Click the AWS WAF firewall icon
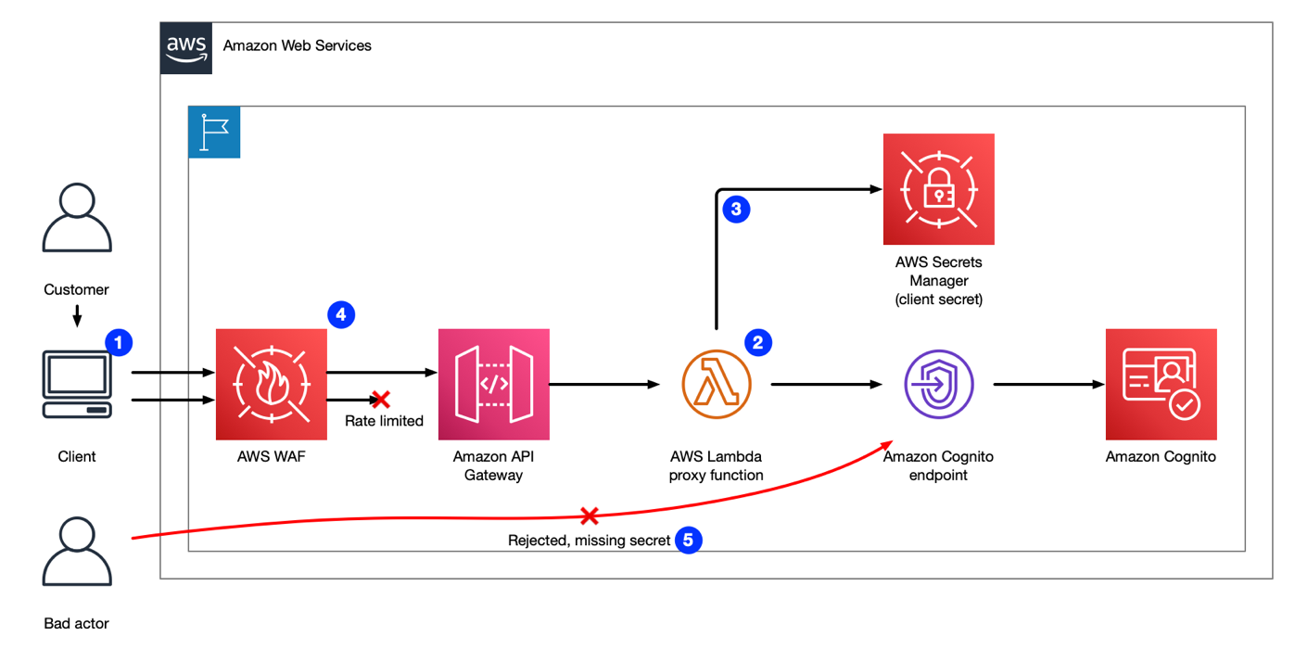[x=271, y=385]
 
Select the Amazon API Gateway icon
[x=494, y=385]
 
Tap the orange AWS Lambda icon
[x=717, y=385]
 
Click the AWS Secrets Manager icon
[x=939, y=189]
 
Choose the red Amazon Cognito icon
[x=1162, y=385]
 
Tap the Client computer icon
[x=77, y=385]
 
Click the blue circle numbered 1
[x=119, y=343]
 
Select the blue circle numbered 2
[x=758, y=343]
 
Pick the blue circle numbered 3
[x=736, y=210]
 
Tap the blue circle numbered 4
[x=341, y=314]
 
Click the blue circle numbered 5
[x=688, y=540]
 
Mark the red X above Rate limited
[x=380, y=399]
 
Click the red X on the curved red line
[x=590, y=516]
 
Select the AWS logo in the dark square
[x=186, y=48]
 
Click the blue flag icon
[x=214, y=132]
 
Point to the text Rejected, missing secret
[x=590, y=541]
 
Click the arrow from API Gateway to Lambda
[x=604, y=385]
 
